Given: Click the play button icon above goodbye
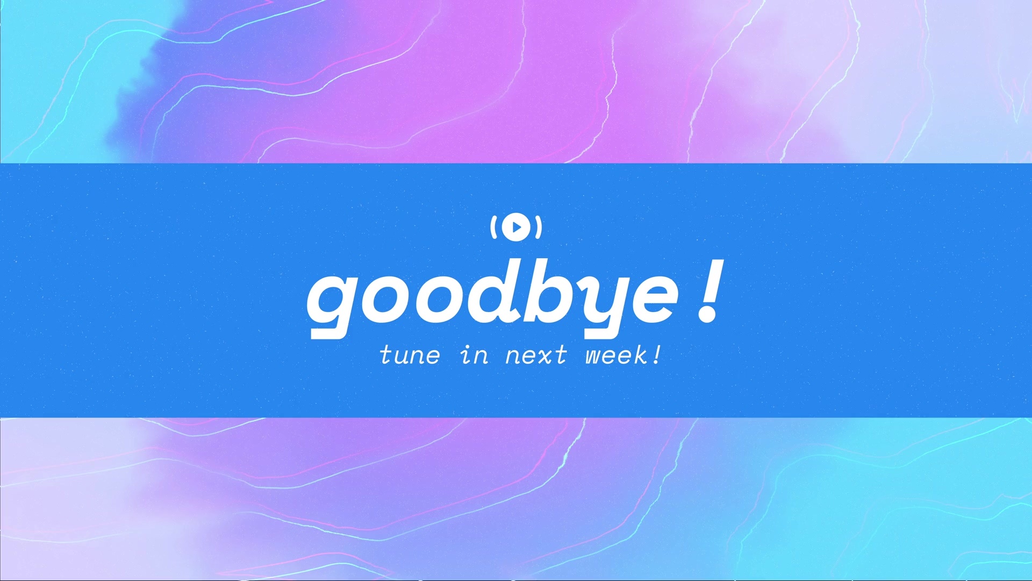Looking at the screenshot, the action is coord(516,227).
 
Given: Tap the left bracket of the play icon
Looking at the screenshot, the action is coord(493,227).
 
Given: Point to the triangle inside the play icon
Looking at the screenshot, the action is coord(517,227).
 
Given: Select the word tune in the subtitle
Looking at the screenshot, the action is coord(410,356).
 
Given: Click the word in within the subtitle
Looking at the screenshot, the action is coord(475,355).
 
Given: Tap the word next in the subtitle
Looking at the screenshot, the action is coord(536,356).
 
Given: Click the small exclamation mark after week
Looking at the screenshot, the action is coord(657,355).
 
